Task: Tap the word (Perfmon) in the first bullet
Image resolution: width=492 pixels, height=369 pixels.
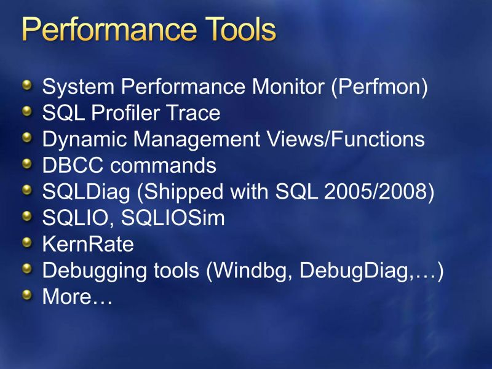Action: pyautogui.click(x=379, y=87)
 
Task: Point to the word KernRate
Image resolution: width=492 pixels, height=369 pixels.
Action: pyautogui.click(x=87, y=244)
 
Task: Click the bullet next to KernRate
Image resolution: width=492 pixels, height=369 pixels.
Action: pyautogui.click(x=26, y=244)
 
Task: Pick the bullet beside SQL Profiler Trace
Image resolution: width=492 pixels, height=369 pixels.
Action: pyautogui.click(x=26, y=112)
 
